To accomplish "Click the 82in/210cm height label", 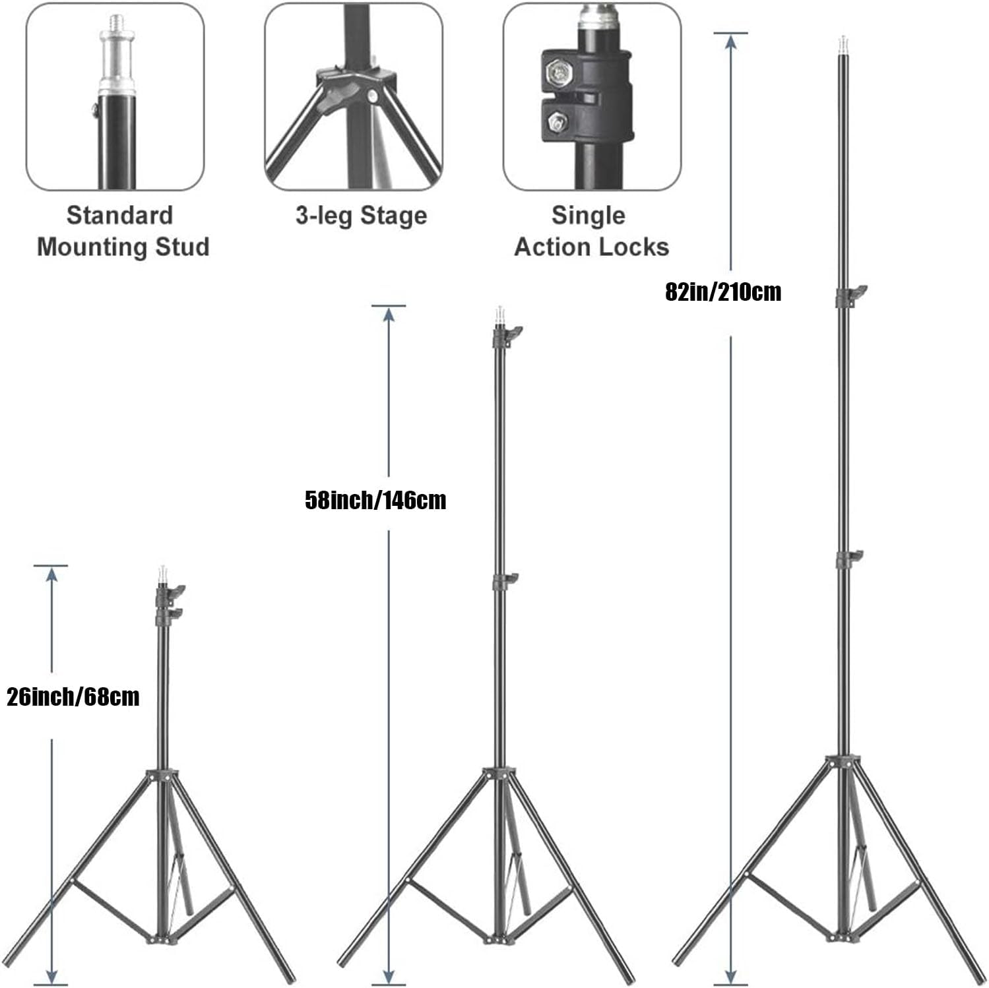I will pyautogui.click(x=723, y=292).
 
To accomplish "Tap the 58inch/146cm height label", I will pyautogui.click(x=375, y=500).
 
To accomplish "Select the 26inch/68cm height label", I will pyautogui.click(x=73, y=696).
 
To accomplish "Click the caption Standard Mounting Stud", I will pyautogui.click(x=123, y=231).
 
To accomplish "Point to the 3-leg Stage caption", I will pyautogui.click(x=361, y=216).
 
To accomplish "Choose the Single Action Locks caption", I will pyautogui.click(x=591, y=231).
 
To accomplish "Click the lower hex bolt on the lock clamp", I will pyautogui.click(x=559, y=121).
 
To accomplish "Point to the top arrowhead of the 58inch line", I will pyautogui.click(x=389, y=315).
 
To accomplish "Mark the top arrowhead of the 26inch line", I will pyautogui.click(x=51, y=574).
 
